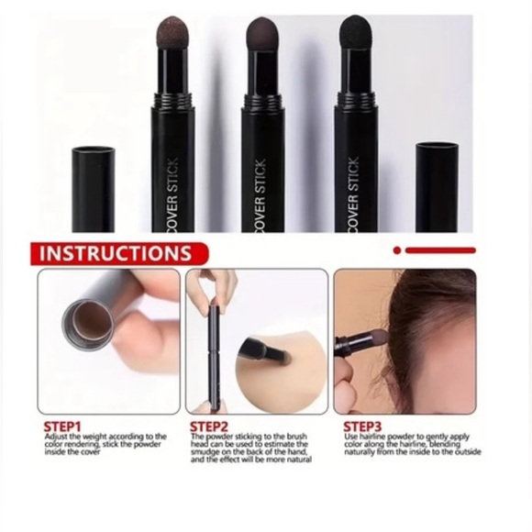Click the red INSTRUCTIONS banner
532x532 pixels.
[116, 253]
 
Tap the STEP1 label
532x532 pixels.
[63, 426]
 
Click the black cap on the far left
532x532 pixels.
[94, 188]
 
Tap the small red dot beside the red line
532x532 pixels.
[397, 249]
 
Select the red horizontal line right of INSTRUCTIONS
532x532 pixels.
[440, 249]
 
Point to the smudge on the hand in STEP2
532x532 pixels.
[275, 353]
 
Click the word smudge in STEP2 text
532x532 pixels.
[208, 452]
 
